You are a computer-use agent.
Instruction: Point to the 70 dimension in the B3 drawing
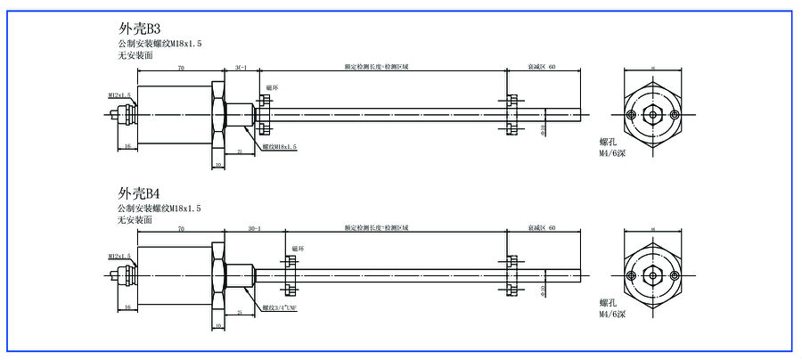181,68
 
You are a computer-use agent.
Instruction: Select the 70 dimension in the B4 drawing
181,229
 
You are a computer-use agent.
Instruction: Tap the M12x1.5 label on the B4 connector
119,257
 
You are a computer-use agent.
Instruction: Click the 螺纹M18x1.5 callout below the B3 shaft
280,146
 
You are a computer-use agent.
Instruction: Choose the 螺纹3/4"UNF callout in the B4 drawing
280,307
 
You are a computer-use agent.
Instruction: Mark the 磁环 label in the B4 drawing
298,250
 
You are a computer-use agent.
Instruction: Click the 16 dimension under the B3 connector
127,145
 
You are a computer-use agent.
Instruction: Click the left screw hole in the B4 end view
632,277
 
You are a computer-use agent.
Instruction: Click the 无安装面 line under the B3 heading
135,55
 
